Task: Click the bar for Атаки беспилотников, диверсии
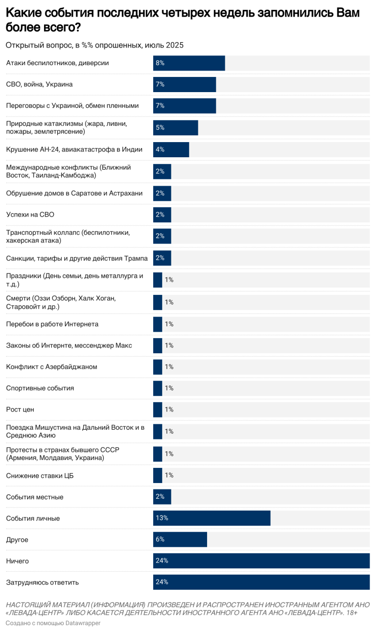[189, 63]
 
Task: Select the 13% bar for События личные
[211, 518]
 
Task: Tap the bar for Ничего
[261, 560]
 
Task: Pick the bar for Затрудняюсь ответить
[261, 582]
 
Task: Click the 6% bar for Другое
[180, 539]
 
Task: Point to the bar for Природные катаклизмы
[175, 127]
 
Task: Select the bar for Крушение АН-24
[171, 149]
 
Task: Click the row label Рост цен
[20, 410]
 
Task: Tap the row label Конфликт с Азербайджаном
[51, 366]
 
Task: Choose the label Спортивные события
[40, 388]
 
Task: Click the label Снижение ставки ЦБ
[40, 475]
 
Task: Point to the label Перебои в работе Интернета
[52, 324]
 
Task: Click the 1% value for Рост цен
[169, 410]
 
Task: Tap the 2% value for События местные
[160, 497]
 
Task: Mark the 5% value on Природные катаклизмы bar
[160, 127]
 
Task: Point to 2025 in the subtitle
[174, 45]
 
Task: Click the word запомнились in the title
[279, 13]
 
